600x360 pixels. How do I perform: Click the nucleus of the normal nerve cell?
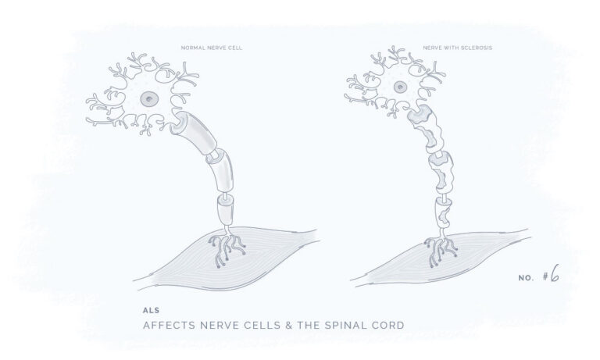149,99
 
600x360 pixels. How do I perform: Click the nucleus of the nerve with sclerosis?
400,87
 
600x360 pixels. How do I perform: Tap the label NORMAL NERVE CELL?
212,48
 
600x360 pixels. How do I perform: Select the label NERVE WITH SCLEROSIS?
458,48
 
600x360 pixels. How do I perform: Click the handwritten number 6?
555,273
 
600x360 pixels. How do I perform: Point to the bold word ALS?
151,310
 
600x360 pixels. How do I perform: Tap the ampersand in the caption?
289,326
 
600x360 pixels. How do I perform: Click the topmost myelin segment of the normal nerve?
194,130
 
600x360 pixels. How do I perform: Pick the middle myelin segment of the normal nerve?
221,170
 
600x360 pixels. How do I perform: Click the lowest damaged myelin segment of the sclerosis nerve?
444,213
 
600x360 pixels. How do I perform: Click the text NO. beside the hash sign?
526,279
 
